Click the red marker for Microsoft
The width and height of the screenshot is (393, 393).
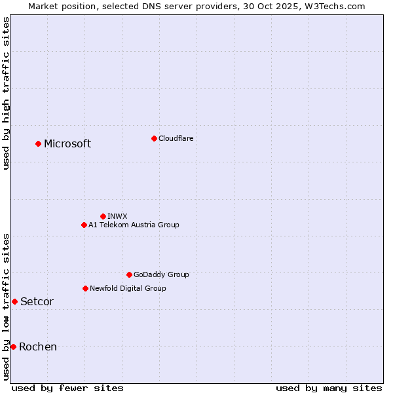[x=38, y=143]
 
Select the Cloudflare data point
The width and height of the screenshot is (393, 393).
[x=154, y=138]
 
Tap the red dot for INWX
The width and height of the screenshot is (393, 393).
[x=103, y=216]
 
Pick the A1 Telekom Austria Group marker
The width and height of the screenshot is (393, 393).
[x=84, y=225]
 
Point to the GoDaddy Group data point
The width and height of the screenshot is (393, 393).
[x=129, y=274]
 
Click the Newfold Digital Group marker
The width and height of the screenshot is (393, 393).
[x=85, y=288]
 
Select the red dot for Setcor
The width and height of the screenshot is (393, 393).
[x=14, y=301]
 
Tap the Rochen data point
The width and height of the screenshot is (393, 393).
[x=13, y=346]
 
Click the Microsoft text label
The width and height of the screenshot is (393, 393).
[x=67, y=144]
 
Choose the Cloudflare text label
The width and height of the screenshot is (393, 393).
[x=176, y=138]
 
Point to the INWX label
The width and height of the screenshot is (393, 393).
[x=117, y=216]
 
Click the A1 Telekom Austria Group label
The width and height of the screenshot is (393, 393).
[x=134, y=225]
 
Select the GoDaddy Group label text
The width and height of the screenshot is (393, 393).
[x=161, y=274]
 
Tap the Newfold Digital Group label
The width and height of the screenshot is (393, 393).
[x=128, y=288]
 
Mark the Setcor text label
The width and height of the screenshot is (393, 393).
[x=37, y=302]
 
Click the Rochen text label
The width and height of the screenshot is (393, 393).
[x=38, y=347]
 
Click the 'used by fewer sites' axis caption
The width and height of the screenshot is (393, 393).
[x=67, y=388]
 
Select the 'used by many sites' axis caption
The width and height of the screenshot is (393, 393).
[x=329, y=388]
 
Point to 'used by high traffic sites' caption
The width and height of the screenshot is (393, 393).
[x=6, y=93]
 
